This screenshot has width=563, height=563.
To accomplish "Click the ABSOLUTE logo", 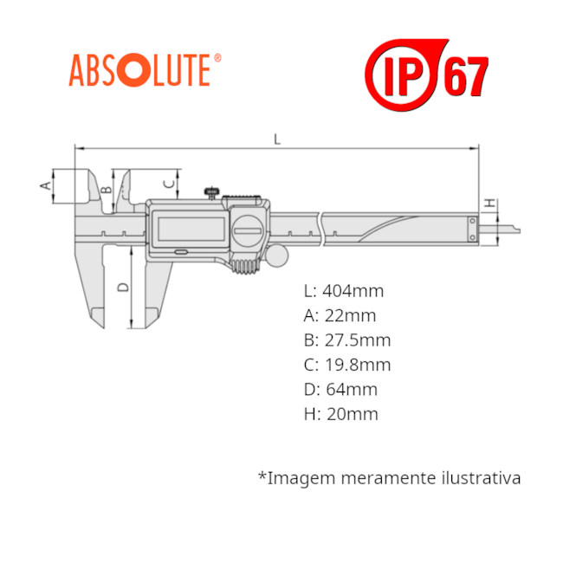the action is (145, 70).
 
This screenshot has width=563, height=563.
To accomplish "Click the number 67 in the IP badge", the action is (466, 76).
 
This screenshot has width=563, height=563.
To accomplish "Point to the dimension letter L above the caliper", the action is (277, 139).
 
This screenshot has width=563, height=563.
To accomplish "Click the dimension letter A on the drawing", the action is (45, 185).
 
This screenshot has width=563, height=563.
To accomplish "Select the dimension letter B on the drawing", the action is (107, 189).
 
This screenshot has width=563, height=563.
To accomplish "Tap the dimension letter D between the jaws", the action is (123, 287).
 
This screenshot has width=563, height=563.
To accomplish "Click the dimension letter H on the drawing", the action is (490, 203).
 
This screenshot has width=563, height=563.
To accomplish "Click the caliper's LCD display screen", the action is (191, 230).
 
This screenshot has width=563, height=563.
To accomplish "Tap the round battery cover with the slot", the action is (248, 230).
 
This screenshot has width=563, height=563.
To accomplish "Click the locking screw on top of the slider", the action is (212, 193).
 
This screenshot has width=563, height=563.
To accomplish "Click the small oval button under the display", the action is (181, 252).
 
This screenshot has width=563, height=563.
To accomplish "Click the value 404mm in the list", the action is (353, 291).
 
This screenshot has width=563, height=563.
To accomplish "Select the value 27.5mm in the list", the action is (358, 340).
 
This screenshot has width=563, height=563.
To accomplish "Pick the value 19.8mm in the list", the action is (358, 365).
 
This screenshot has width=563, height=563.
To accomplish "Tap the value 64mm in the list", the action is (352, 389).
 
